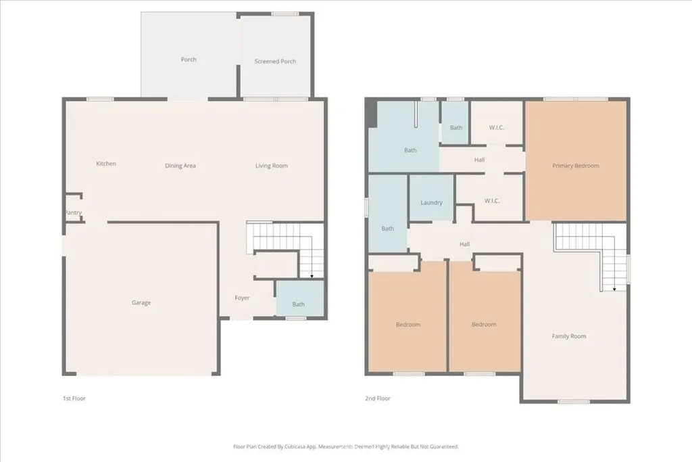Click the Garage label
(x=141, y=302)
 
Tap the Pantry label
(x=73, y=213)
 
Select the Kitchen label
(x=106, y=164)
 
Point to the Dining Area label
(x=180, y=166)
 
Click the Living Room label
(x=271, y=166)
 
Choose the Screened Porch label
(x=275, y=62)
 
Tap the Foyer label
(x=242, y=298)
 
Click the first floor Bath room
(x=299, y=304)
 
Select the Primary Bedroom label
(x=576, y=166)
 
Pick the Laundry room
(x=431, y=202)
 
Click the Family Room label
(x=569, y=336)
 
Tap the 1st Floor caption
(x=74, y=398)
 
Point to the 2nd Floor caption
(x=377, y=398)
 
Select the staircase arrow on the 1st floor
(x=312, y=275)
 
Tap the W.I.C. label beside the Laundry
(x=491, y=200)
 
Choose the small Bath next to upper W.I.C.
(x=456, y=127)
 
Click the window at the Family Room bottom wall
(x=573, y=402)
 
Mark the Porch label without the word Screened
(x=189, y=60)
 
